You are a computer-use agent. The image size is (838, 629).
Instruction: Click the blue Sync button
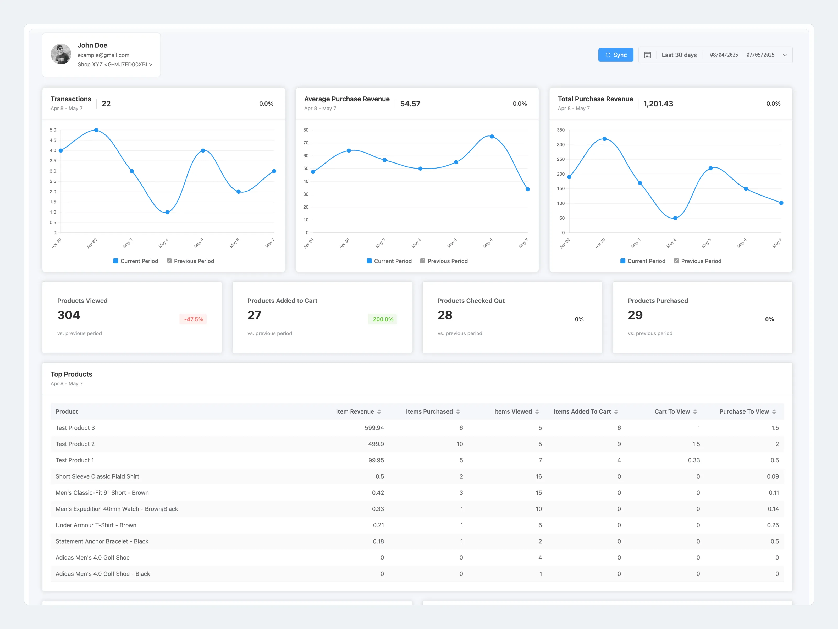(616, 55)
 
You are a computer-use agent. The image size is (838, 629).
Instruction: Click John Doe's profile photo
(61, 54)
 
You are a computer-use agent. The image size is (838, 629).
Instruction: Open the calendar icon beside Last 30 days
(647, 55)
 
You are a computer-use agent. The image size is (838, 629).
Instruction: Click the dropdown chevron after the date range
(785, 55)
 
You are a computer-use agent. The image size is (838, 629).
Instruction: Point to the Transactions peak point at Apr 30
(96, 130)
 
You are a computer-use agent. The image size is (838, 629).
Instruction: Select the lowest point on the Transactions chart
(167, 212)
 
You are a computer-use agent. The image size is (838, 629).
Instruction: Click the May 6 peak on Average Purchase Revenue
(492, 137)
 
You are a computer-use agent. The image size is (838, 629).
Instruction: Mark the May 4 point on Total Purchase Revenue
(675, 218)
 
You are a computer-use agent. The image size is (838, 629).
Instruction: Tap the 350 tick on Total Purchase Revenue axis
(561, 130)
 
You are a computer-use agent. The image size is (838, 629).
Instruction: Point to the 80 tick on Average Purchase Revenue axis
(306, 130)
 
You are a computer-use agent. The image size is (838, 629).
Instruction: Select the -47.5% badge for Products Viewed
(194, 319)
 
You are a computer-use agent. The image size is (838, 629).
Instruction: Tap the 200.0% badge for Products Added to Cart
(383, 319)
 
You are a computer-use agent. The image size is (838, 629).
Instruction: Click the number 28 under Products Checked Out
(445, 315)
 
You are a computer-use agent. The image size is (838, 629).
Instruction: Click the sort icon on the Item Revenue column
(379, 412)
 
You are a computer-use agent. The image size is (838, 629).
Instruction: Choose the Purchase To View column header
(744, 412)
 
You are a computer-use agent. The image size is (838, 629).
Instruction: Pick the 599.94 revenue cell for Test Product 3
(374, 428)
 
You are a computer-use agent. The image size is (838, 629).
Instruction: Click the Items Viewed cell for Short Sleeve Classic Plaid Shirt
(538, 476)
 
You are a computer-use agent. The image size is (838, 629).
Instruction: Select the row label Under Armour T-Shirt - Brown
(96, 525)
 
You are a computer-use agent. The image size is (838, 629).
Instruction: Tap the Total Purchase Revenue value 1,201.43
(658, 104)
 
